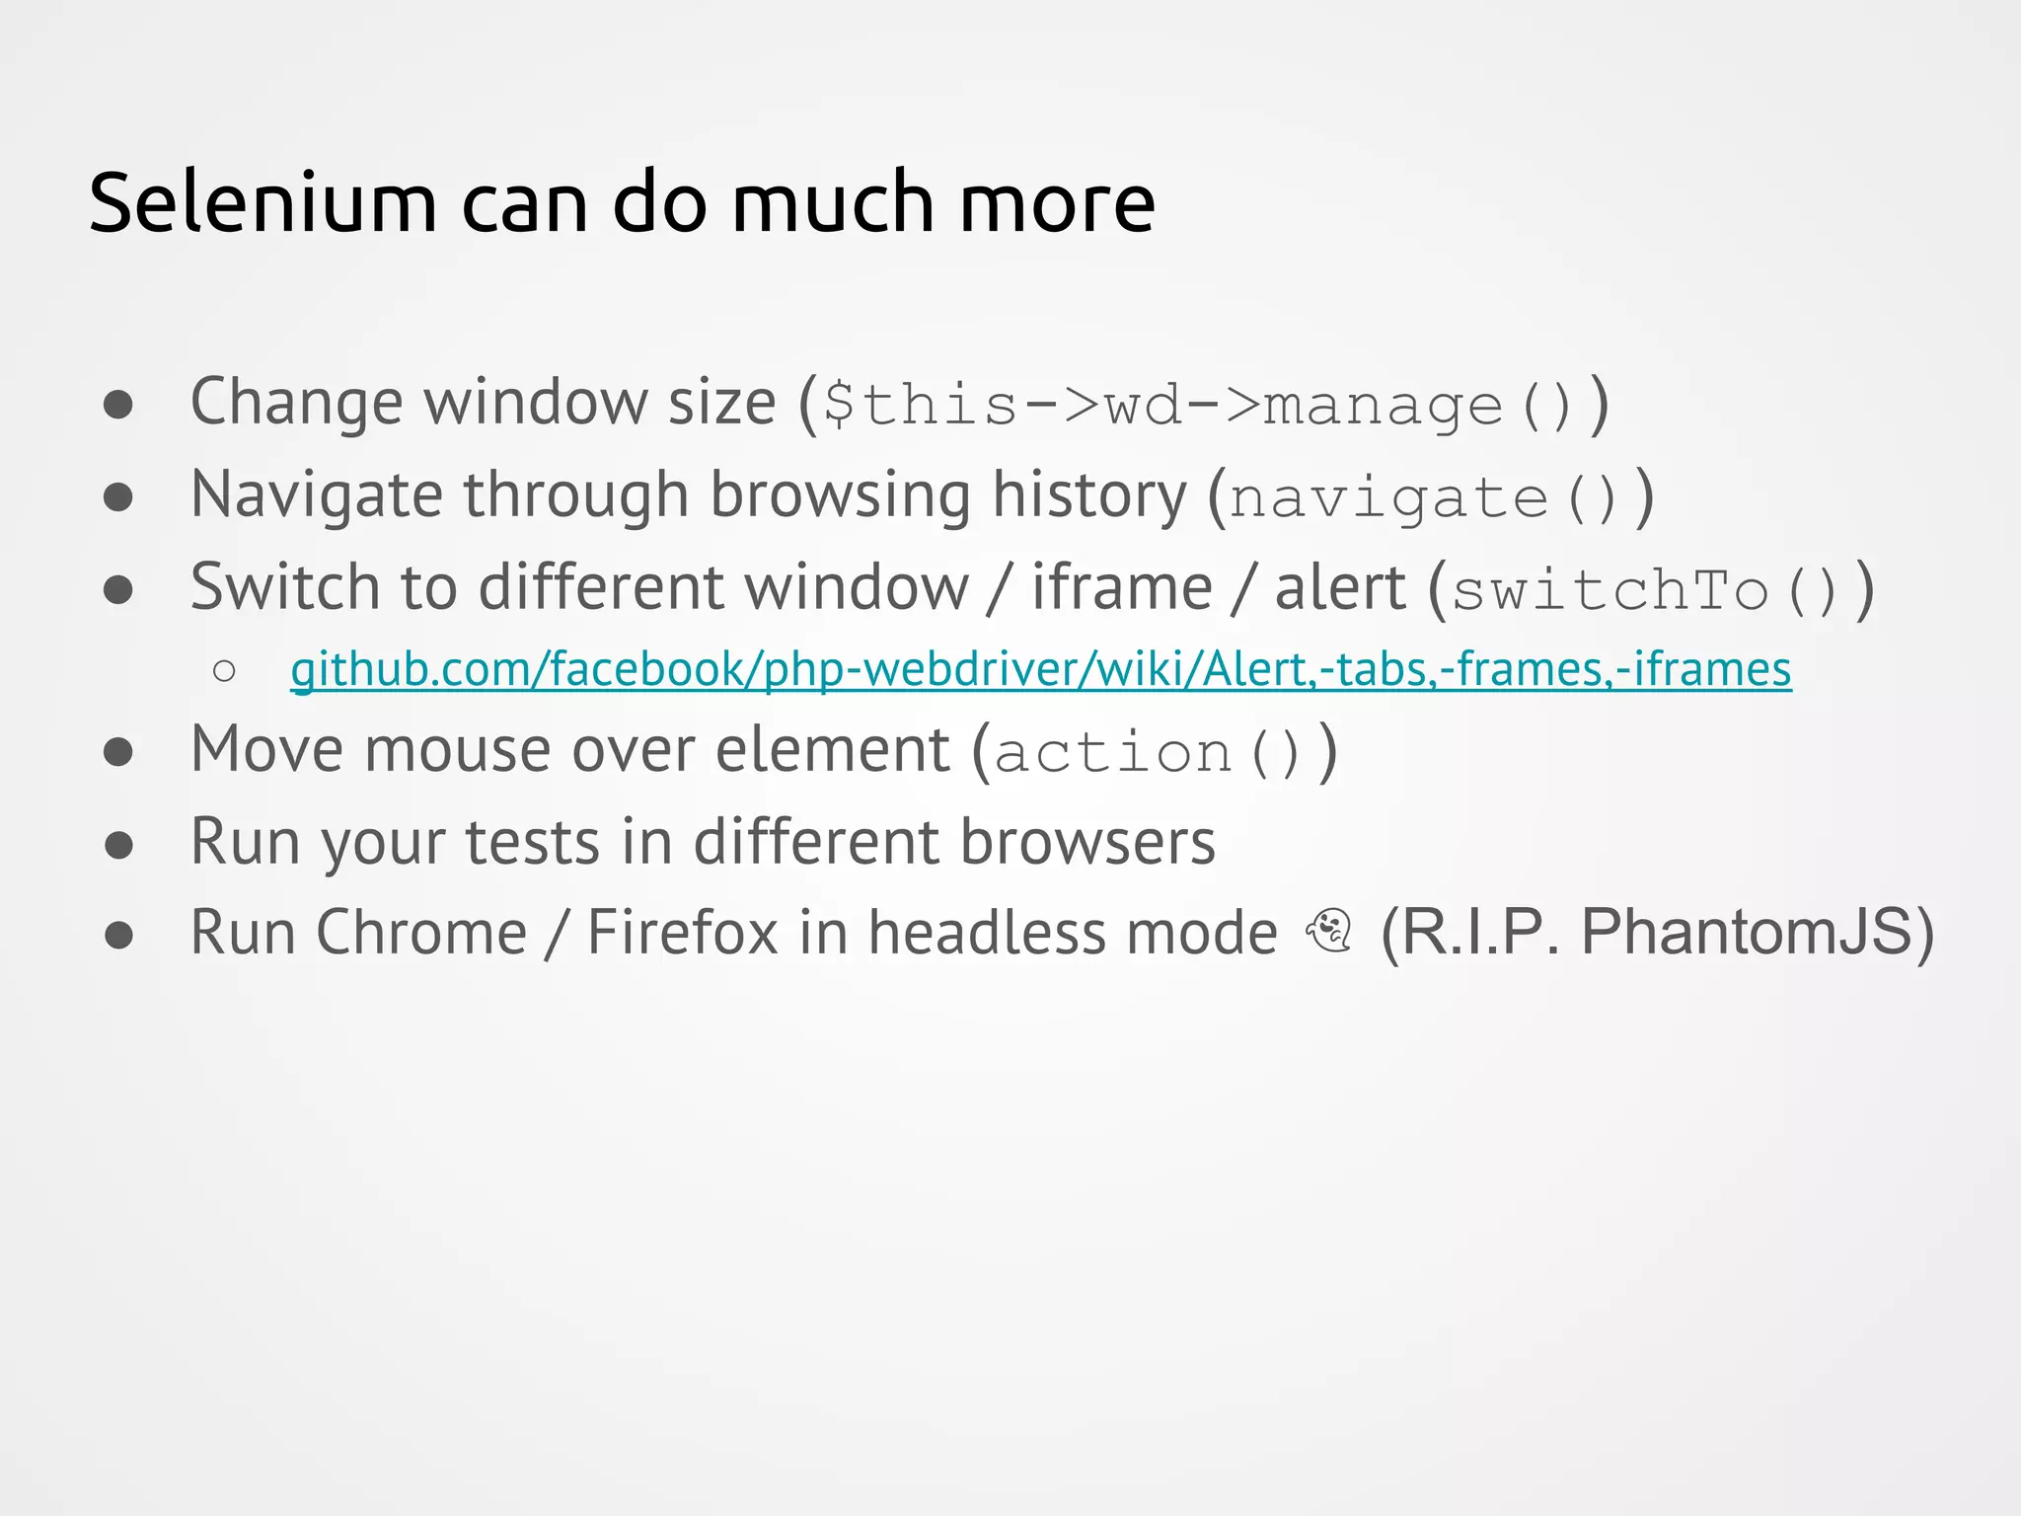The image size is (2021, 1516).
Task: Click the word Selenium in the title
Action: coord(262,203)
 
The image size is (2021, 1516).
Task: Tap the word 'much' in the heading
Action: coord(832,203)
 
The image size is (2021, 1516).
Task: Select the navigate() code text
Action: coord(1422,497)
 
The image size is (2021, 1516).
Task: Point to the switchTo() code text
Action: coord(1645,590)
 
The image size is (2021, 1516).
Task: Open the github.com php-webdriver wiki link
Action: coord(1040,669)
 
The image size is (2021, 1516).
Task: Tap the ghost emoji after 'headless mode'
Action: coord(1329,930)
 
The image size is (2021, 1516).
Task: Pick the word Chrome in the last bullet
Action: coord(421,933)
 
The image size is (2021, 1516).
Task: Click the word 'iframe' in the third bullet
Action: coord(1122,588)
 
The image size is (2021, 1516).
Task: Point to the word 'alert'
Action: coord(1339,588)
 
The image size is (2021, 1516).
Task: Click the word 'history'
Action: coord(1089,494)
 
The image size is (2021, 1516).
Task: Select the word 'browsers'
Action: coord(1087,843)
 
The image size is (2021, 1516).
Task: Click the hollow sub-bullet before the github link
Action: coord(224,671)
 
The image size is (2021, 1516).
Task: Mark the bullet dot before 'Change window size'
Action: coord(118,404)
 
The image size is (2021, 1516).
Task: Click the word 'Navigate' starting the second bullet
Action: coord(316,494)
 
